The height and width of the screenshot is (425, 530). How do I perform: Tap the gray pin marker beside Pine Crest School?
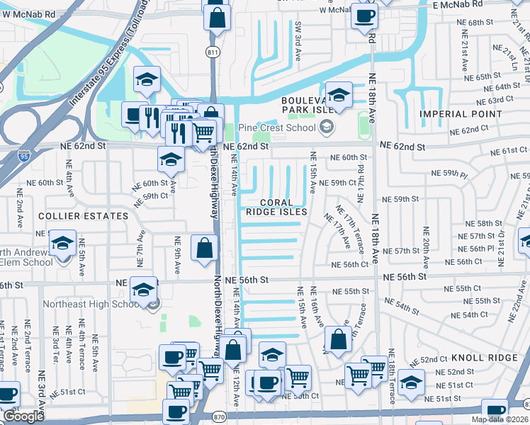[x=327, y=127]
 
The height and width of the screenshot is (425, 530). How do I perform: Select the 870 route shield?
[x=220, y=417]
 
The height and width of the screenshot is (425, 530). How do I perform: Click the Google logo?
[x=23, y=416]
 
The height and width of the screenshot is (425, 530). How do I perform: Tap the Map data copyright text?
[x=500, y=419]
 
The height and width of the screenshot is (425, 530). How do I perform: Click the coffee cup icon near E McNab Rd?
[x=365, y=16]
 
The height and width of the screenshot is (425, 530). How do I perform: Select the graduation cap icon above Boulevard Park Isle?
[x=339, y=94]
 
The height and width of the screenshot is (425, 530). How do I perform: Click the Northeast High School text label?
[x=92, y=304]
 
